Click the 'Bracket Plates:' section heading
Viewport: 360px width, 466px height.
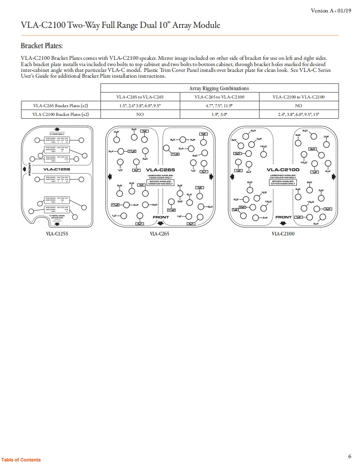tap(42, 45)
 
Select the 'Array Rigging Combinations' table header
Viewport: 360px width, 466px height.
tap(219, 88)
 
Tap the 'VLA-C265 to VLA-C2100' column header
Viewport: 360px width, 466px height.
tap(219, 97)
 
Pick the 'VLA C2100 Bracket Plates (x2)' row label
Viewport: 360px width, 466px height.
tap(61, 114)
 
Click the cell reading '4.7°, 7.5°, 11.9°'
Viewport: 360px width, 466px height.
tap(219, 105)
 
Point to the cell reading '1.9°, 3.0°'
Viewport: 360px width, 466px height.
tap(219, 114)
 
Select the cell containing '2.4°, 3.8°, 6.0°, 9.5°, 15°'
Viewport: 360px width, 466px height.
tap(298, 114)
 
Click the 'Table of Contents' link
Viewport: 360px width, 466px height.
tap(21, 460)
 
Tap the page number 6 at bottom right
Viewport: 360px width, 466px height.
tap(350, 456)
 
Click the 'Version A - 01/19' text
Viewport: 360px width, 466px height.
tap(331, 10)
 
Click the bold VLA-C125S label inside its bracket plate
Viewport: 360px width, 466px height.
tap(57, 169)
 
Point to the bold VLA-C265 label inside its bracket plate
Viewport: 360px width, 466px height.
tap(160, 170)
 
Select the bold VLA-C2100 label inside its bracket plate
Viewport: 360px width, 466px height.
tap(283, 170)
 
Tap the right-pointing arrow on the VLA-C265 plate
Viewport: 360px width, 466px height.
tap(212, 177)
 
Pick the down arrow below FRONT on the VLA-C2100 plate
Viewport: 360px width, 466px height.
tap(283, 224)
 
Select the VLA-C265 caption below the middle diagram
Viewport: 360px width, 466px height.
tap(160, 234)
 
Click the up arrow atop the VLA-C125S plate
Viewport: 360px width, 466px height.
tap(57, 129)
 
